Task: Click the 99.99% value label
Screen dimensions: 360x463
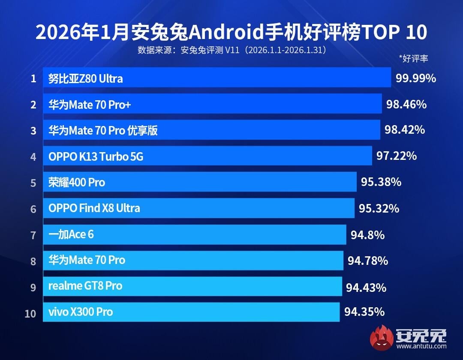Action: pyautogui.click(x=416, y=78)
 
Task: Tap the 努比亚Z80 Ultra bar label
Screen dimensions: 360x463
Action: pyautogui.click(x=85, y=79)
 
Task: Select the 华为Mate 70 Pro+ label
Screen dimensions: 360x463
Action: pyautogui.click(x=89, y=105)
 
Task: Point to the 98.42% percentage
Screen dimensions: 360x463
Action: pyautogui.click(x=405, y=130)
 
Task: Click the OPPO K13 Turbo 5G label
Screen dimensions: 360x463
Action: pyautogui.click(x=96, y=157)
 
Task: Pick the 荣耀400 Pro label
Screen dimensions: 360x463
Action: pyautogui.click(x=77, y=183)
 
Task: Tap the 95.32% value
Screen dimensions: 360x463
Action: pyautogui.click(x=379, y=209)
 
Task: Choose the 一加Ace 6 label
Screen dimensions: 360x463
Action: pyautogui.click(x=71, y=234)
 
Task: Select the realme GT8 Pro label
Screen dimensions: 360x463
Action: pyautogui.click(x=85, y=286)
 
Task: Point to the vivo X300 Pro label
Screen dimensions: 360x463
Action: pyautogui.click(x=81, y=312)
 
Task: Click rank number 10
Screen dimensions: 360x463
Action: pyautogui.click(x=30, y=313)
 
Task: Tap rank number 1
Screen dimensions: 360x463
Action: pyautogui.click(x=33, y=79)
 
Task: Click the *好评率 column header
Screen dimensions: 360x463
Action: pyautogui.click(x=413, y=59)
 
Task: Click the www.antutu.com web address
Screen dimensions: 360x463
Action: pyautogui.click(x=422, y=346)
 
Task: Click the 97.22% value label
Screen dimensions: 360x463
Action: pyautogui.click(x=397, y=156)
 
